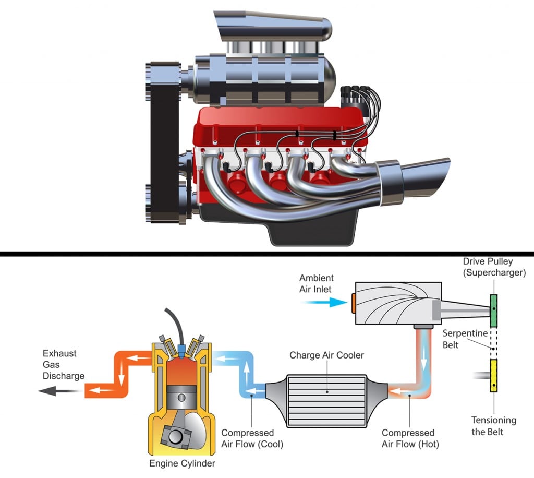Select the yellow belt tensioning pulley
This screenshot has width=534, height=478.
click(x=493, y=376)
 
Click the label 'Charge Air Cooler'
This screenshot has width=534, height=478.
click(x=327, y=355)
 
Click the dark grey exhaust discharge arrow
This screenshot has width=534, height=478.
click(x=54, y=390)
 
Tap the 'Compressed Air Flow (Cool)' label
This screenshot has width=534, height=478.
click(x=248, y=438)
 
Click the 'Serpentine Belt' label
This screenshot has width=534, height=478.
click(x=457, y=339)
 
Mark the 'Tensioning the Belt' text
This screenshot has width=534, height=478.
click(x=493, y=426)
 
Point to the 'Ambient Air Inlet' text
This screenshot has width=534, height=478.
click(x=316, y=284)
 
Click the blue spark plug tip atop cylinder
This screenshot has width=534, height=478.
click(x=181, y=347)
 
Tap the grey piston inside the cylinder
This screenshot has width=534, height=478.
click(x=181, y=400)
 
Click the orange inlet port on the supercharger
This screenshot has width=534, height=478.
click(x=354, y=303)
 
